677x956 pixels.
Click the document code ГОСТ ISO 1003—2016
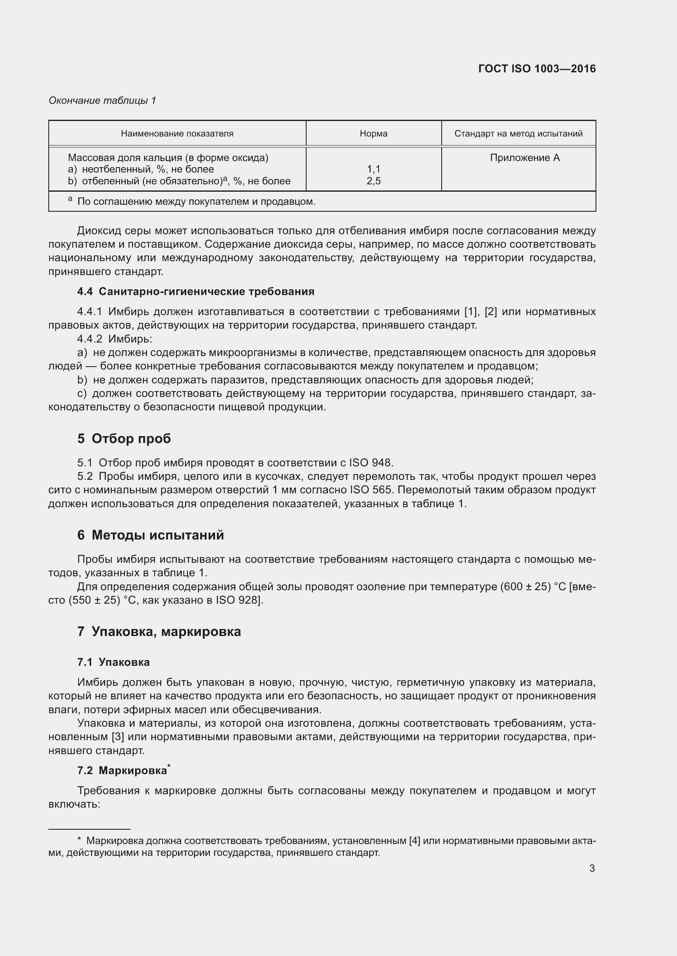click(x=537, y=69)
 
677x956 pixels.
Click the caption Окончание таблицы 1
click(x=102, y=101)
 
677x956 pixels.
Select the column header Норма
click(x=374, y=134)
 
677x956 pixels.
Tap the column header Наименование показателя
click(x=177, y=134)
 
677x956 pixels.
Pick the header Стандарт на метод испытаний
click(x=518, y=134)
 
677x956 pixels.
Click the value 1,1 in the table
click(x=374, y=169)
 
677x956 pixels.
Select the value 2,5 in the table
click(x=374, y=181)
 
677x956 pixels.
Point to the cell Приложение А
click(x=524, y=158)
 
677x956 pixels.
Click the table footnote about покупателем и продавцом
click(x=196, y=202)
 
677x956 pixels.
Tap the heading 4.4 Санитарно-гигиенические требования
click(x=196, y=291)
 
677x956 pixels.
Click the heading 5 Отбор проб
click(x=124, y=439)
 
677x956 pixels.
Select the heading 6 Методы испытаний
click(x=151, y=535)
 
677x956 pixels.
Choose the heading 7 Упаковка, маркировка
click(x=159, y=631)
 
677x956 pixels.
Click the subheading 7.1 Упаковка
click(x=113, y=662)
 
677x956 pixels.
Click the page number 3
click(x=592, y=869)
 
